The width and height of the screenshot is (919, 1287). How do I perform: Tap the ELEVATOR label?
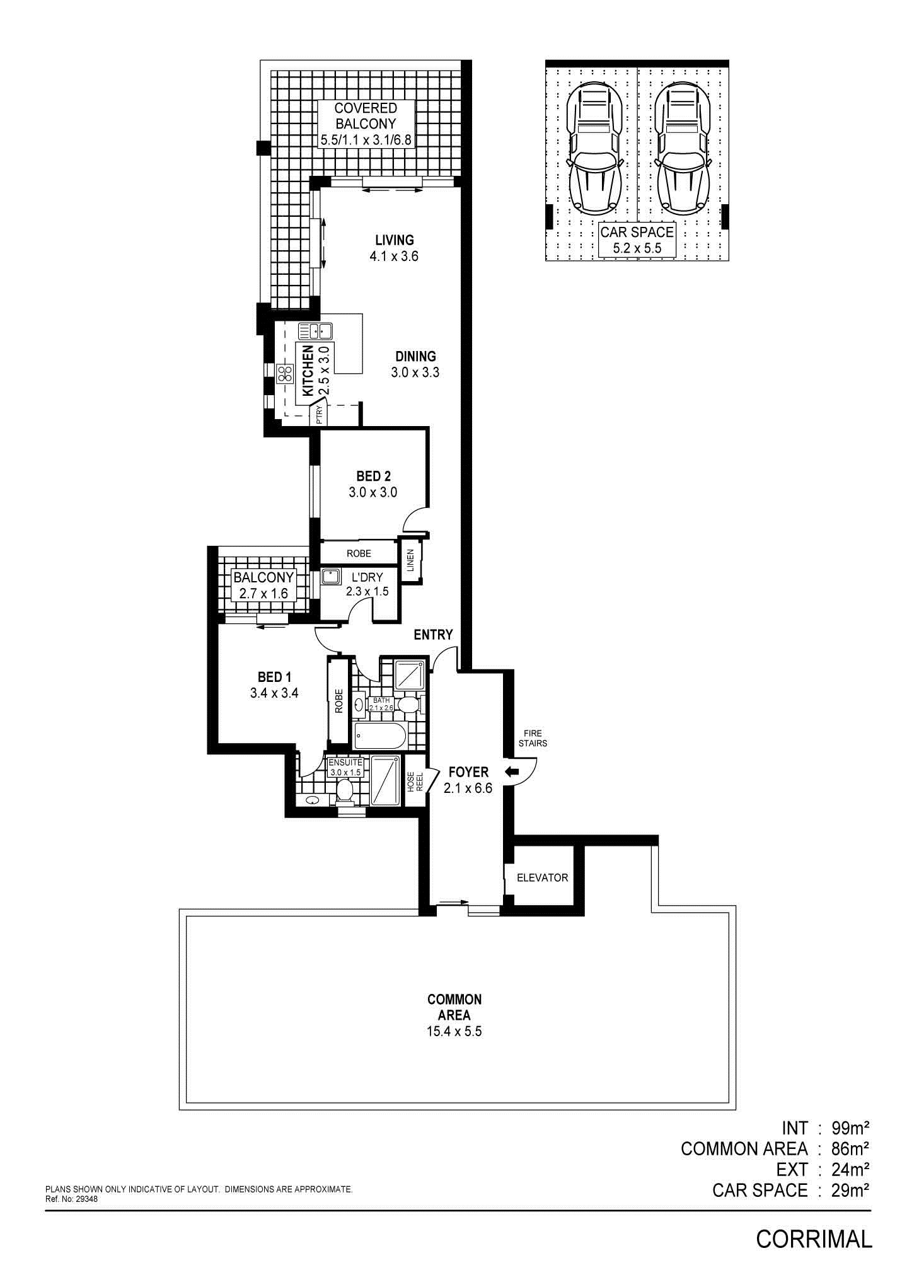(x=542, y=877)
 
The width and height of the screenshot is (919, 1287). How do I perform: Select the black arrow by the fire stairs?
(x=511, y=771)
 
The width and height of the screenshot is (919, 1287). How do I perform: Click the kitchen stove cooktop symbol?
(x=284, y=374)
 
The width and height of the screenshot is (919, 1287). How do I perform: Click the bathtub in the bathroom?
(x=380, y=736)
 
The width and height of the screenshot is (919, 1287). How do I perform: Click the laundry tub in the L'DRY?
(x=331, y=576)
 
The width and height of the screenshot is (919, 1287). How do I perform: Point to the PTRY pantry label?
(x=320, y=414)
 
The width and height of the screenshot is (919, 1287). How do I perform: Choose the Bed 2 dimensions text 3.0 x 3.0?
(x=373, y=492)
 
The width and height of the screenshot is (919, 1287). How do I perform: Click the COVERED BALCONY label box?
(x=366, y=124)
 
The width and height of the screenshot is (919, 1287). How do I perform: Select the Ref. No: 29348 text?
(x=72, y=1199)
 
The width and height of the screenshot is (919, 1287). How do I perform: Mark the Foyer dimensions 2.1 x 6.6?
(x=468, y=788)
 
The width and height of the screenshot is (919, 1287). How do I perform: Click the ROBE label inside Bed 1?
(x=338, y=701)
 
